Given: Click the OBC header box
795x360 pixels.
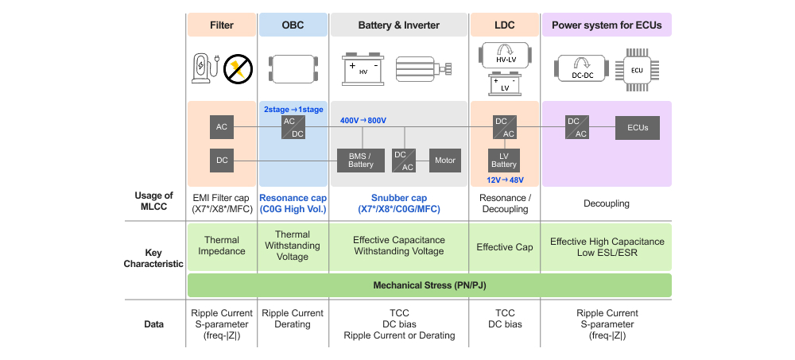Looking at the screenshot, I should (293, 25).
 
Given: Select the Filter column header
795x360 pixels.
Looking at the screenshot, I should (222, 25).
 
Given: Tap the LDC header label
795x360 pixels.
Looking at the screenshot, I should (503, 25).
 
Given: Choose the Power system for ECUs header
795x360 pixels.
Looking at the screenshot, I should (607, 25).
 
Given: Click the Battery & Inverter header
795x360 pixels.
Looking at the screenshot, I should (398, 25).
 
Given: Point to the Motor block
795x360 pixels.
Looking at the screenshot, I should (445, 161).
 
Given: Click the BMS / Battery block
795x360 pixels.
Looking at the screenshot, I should (360, 161).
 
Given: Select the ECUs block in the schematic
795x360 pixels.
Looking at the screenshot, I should (638, 127).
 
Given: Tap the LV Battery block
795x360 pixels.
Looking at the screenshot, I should (503, 160).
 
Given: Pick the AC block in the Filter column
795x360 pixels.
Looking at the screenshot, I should (222, 127).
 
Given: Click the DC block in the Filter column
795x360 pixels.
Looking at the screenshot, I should (222, 161).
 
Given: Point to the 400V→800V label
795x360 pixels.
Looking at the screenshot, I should (363, 121).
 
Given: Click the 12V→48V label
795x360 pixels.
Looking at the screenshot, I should (504, 180).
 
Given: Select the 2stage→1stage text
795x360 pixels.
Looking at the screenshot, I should (293, 108).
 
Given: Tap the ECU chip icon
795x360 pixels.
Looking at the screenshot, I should (636, 69).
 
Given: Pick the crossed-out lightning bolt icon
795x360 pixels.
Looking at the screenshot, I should (237, 69).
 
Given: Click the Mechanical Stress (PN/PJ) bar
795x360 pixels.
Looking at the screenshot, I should (429, 285).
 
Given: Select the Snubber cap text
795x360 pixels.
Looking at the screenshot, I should (398, 198).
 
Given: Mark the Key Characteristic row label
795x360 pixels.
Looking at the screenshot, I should (153, 258).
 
